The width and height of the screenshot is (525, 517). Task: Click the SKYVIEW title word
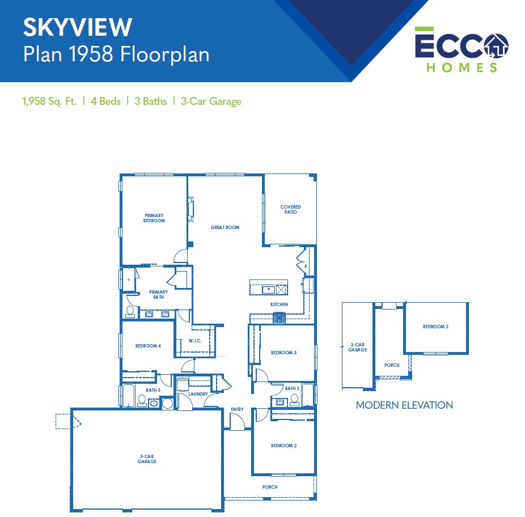pos(78,27)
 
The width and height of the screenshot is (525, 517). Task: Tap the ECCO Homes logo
pos(462,49)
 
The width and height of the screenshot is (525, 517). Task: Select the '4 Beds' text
pos(105,101)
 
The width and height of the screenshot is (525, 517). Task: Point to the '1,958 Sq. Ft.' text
pos(49,101)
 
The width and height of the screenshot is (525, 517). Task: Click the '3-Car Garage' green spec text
pos(211,101)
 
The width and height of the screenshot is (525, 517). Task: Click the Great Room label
pos(225,227)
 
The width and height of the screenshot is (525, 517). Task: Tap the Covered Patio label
pos(290,210)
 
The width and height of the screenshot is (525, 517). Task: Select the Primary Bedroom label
pos(154,218)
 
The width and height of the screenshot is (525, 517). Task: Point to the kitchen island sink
pos(268,290)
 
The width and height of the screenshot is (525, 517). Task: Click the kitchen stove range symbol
pos(280,318)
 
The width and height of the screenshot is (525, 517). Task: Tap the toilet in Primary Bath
pos(130,312)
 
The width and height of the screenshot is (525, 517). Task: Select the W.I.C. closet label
pos(195,341)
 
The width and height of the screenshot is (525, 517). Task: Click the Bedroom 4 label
pos(148,346)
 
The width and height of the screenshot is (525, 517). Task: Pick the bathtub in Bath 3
pos(129,396)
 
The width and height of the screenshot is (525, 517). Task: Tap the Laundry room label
pos(198,394)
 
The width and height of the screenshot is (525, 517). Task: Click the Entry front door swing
pos(238,421)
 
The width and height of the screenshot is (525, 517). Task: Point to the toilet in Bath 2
pos(295,400)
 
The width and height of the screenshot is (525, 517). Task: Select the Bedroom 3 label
pos(283,353)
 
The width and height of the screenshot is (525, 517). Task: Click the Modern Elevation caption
pos(404,405)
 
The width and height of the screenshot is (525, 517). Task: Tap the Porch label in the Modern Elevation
pos(392,365)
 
